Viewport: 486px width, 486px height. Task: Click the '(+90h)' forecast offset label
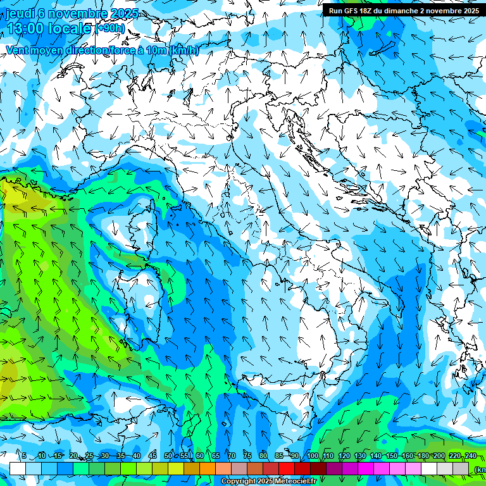click(110, 28)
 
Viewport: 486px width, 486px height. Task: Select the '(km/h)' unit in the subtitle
click(184, 51)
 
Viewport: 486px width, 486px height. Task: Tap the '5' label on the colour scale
click(24, 456)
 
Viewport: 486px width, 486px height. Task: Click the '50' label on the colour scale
click(168, 456)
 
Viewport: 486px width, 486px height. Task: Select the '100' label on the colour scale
click(313, 456)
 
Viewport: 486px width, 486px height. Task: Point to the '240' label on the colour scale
click(470, 456)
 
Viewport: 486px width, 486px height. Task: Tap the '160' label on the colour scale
click(408, 456)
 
